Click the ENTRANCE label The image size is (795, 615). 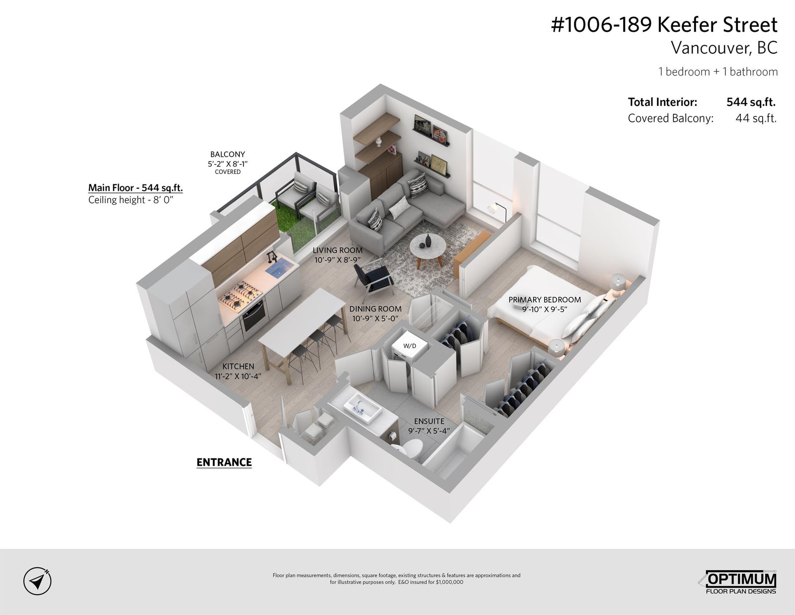pos(224,462)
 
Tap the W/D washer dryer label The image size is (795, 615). pos(410,346)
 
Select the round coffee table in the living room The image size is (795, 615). pos(428,249)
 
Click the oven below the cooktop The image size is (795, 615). pos(253,315)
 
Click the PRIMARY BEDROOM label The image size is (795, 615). pos(545,299)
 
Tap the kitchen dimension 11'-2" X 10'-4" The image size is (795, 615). pos(238,376)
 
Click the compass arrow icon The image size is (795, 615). pos(37,581)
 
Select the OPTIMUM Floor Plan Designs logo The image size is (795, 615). pos(737,582)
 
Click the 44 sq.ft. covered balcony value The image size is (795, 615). pos(756,118)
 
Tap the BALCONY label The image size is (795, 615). pos(228,154)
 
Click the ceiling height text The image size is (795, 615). pos(131,200)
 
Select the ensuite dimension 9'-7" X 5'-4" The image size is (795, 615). pos(429,431)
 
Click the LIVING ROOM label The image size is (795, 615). pos(338,251)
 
